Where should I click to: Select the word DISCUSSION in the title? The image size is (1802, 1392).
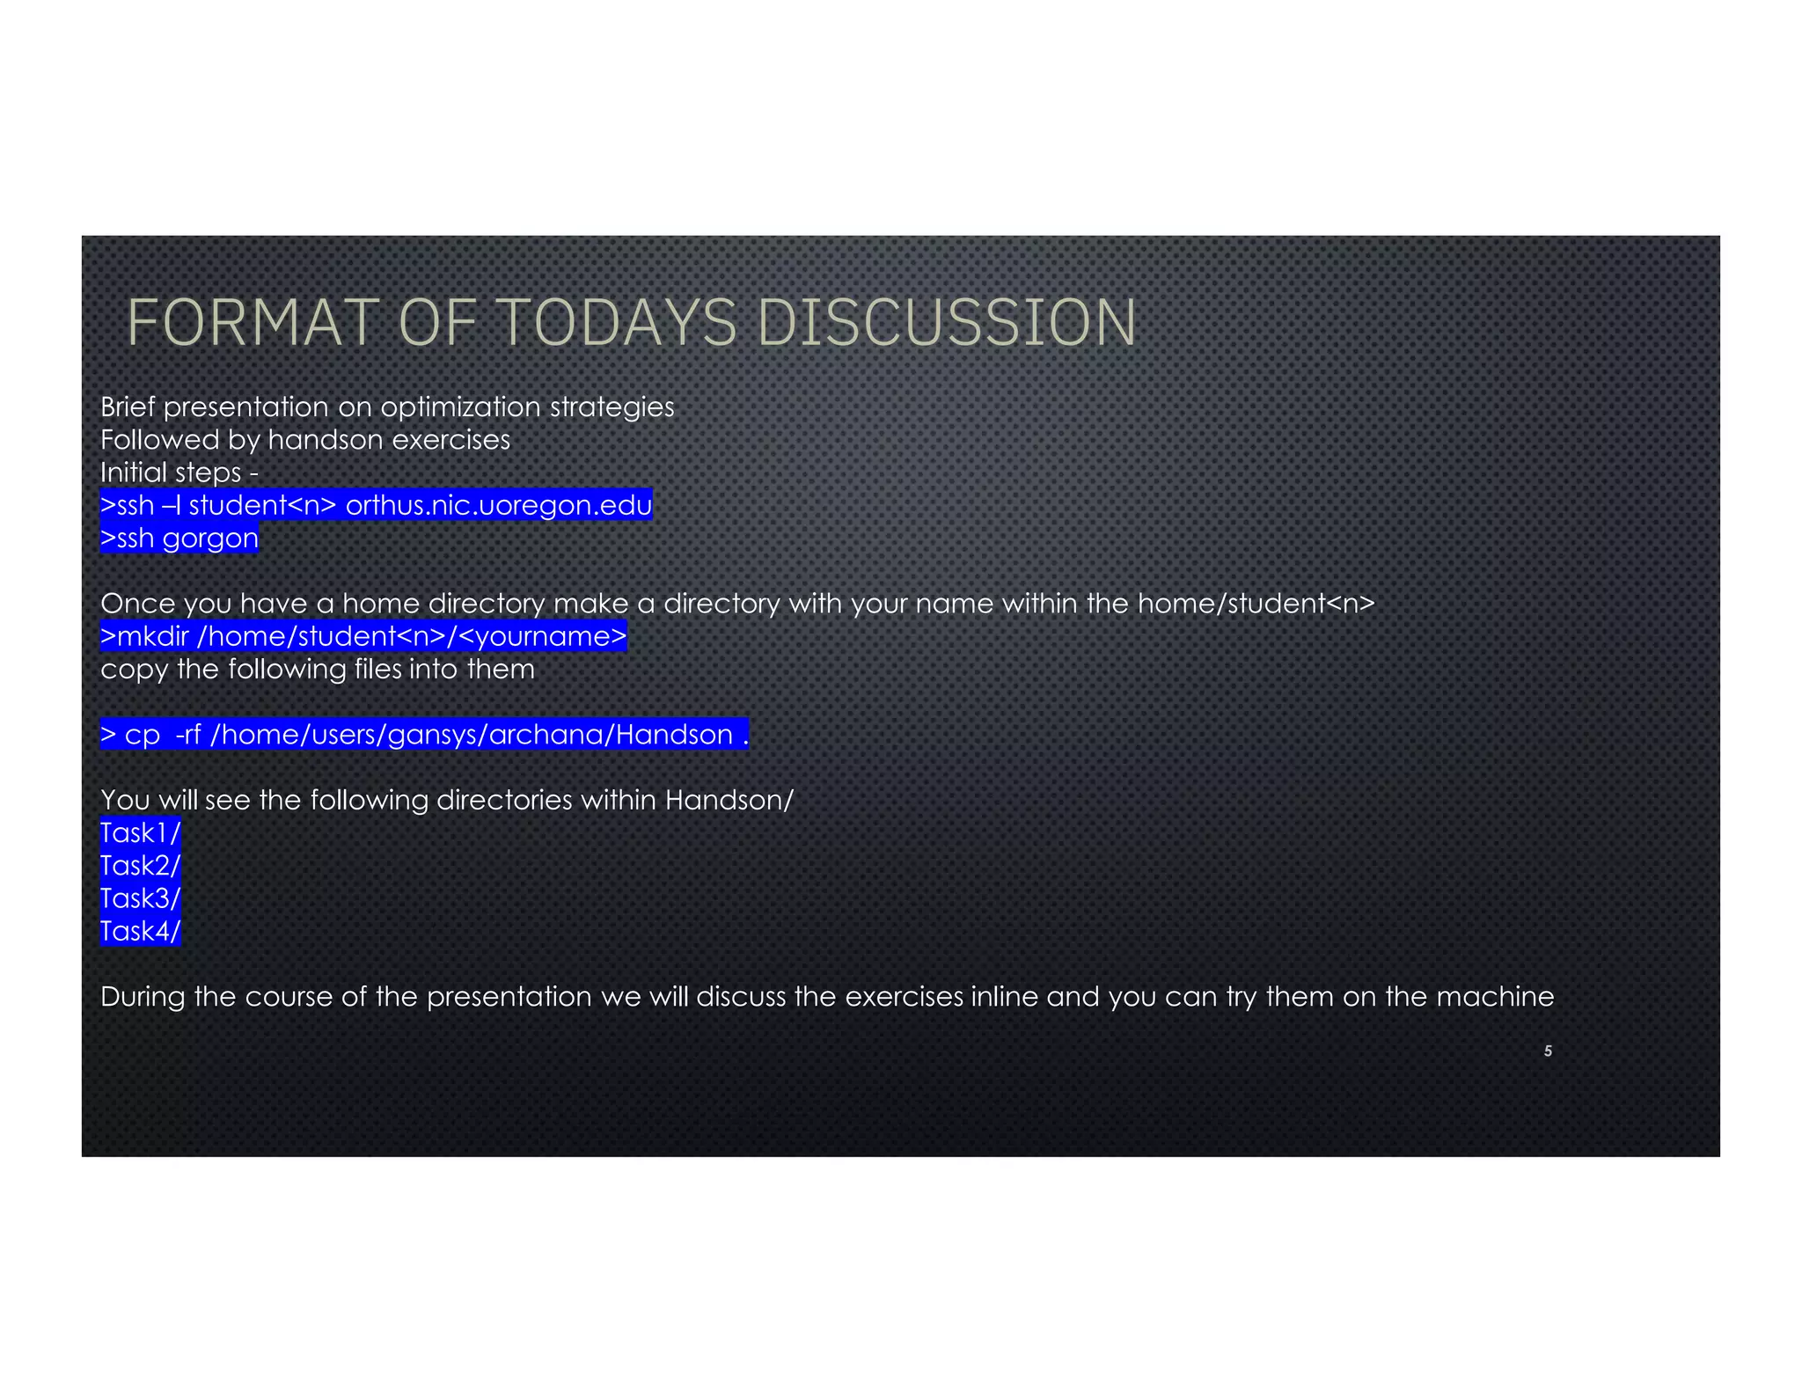pyautogui.click(x=947, y=323)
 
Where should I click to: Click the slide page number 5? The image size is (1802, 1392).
pyautogui.click(x=1548, y=1051)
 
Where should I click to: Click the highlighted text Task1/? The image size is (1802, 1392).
pyautogui.click(x=140, y=832)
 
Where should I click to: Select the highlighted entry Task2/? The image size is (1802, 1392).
pyautogui.click(x=140, y=865)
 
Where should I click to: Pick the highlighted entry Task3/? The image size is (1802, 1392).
pyautogui.click(x=140, y=898)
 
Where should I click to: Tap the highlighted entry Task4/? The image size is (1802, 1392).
pyautogui.click(x=140, y=931)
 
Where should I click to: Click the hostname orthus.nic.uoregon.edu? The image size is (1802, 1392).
pyautogui.click(x=498, y=505)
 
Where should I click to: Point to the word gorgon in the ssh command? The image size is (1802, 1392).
pyautogui.click(x=210, y=538)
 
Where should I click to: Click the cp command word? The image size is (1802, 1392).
pyautogui.click(x=142, y=735)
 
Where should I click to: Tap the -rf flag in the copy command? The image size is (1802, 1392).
pyautogui.click(x=188, y=735)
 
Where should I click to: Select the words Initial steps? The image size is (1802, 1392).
pyautogui.click(x=171, y=473)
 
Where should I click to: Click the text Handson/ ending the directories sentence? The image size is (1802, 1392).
pyautogui.click(x=729, y=800)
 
